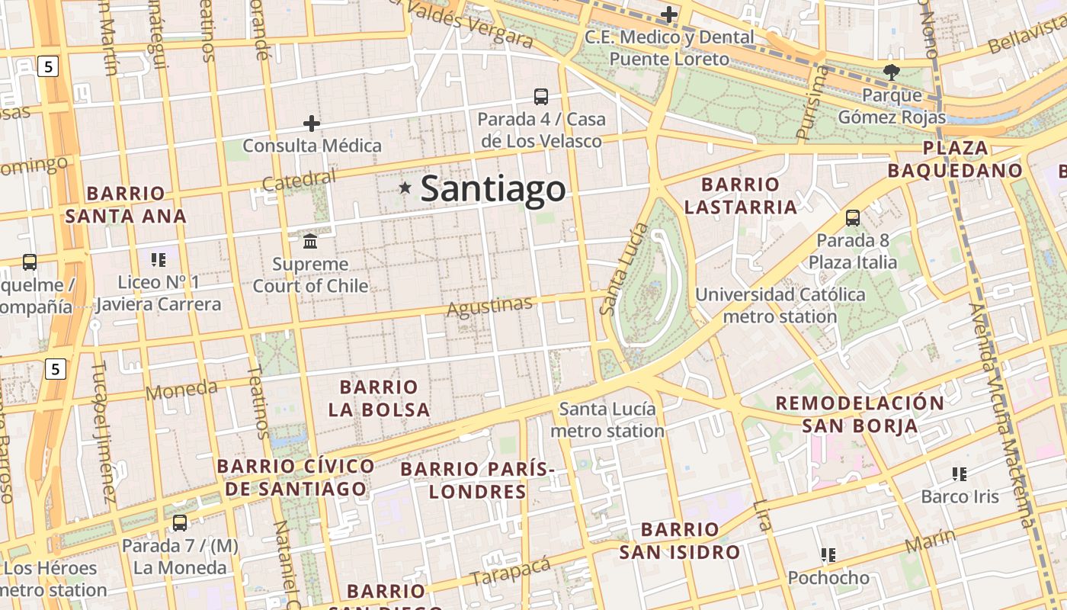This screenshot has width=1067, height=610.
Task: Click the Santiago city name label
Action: pyautogui.click(x=493, y=188)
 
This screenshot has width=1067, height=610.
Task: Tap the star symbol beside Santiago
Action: pyautogui.click(x=405, y=188)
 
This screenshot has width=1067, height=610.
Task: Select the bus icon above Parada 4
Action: pyautogui.click(x=541, y=97)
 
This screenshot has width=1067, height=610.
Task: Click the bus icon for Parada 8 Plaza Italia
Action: pyautogui.click(x=853, y=218)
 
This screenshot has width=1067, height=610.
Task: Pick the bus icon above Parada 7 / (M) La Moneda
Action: pyautogui.click(x=180, y=523)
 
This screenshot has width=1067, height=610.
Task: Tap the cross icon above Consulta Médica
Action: pyautogui.click(x=312, y=124)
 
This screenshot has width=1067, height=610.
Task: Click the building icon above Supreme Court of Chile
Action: pyautogui.click(x=310, y=242)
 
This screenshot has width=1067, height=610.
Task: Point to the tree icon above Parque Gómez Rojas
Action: pyautogui.click(x=891, y=73)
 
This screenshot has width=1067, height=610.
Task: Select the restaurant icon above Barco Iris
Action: pyautogui.click(x=960, y=474)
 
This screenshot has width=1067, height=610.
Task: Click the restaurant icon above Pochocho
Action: pyautogui.click(x=828, y=555)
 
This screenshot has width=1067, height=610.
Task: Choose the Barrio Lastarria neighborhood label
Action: pyautogui.click(x=740, y=196)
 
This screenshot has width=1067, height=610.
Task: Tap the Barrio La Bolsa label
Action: pyautogui.click(x=379, y=398)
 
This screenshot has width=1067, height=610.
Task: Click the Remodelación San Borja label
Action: pyautogui.click(x=860, y=414)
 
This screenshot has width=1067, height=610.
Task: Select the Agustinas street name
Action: pyautogui.click(x=489, y=307)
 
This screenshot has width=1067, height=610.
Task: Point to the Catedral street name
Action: pyautogui.click(x=298, y=181)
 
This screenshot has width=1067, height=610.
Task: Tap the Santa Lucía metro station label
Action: pyautogui.click(x=607, y=420)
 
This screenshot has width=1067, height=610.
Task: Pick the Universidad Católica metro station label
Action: pyautogui.click(x=780, y=305)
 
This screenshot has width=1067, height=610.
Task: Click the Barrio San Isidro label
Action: pyautogui.click(x=679, y=541)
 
